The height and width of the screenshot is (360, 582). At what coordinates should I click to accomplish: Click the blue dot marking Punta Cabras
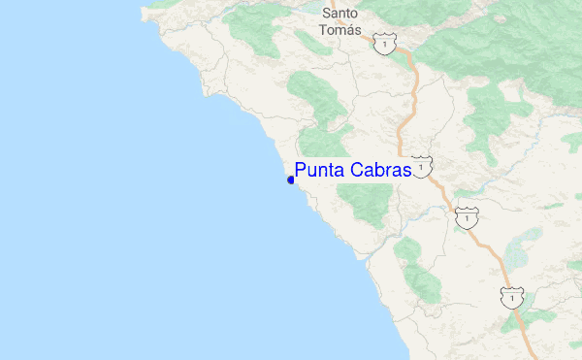point(291,180)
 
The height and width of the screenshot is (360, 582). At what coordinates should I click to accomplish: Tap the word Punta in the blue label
point(319,171)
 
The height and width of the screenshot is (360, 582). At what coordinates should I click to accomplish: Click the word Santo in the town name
point(339,14)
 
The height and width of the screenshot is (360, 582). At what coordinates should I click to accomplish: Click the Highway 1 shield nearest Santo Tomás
point(387,45)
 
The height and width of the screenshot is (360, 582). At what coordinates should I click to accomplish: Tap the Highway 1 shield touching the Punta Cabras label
point(421,168)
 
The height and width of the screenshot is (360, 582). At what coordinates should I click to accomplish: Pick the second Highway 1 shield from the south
point(467,218)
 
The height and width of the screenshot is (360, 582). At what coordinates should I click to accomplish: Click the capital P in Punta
point(301,171)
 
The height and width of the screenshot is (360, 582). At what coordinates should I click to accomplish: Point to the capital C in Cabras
point(356,171)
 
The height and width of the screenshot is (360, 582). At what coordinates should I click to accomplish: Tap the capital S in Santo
point(326,14)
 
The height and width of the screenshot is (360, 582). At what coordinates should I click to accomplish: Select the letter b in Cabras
point(379,171)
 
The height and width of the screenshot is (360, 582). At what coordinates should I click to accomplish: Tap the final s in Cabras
point(407,172)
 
